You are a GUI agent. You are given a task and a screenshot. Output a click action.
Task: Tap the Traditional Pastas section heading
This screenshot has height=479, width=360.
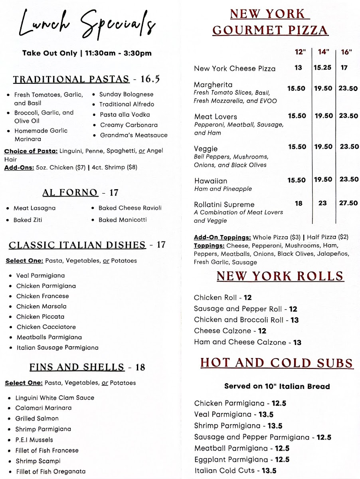point(71,79)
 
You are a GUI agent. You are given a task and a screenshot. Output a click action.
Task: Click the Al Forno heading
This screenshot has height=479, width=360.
point(70,193)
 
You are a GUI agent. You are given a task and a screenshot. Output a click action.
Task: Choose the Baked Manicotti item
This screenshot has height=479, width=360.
point(123,220)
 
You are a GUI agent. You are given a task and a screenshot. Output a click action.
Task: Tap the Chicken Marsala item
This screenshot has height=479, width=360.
point(42,307)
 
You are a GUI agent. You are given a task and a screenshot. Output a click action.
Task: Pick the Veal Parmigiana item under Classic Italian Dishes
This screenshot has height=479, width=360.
point(40,275)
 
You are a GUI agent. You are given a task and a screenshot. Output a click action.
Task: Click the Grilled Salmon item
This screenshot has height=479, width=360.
point(37,418)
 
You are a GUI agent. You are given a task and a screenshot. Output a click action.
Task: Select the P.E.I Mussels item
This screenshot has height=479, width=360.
point(34,440)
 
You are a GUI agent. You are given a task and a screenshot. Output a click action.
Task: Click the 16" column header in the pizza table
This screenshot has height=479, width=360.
point(346,52)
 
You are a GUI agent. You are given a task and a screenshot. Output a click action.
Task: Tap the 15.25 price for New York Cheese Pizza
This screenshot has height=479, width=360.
point(322,67)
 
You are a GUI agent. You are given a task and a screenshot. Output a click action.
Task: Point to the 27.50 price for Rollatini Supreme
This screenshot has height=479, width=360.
point(348,203)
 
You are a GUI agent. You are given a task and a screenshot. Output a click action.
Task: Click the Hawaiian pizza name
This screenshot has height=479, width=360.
point(210,181)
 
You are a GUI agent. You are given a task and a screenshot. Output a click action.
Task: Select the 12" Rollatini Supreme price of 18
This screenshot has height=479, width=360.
point(298,203)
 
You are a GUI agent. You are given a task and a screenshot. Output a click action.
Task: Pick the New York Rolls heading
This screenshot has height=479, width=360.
point(280,276)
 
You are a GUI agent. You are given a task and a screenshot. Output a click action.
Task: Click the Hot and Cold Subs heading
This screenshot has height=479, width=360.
point(277,363)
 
